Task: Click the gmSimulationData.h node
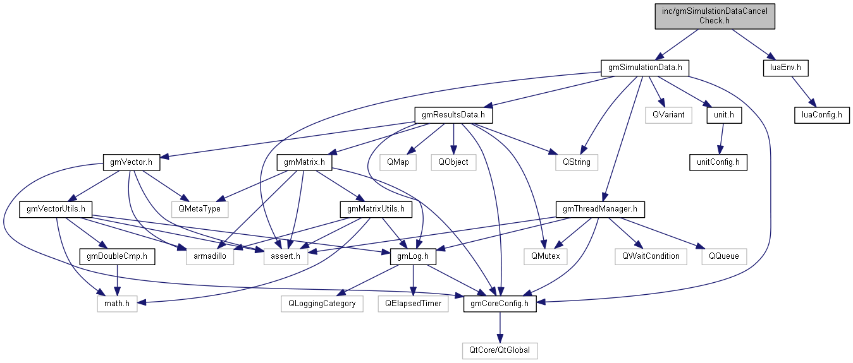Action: tap(644, 68)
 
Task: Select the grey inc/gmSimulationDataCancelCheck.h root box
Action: tap(715, 16)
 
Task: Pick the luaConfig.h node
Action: tap(822, 115)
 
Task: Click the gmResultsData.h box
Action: tap(453, 115)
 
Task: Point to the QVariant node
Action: tap(669, 115)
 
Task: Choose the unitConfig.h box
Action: tap(718, 162)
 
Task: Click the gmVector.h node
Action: tap(131, 162)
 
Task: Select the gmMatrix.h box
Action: tap(305, 162)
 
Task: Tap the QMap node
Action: tap(398, 162)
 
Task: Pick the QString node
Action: tap(573, 162)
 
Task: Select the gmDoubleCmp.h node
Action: tap(118, 256)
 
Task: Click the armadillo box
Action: tap(210, 256)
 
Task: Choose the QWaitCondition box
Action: tap(650, 256)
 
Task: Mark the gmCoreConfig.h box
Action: tap(500, 304)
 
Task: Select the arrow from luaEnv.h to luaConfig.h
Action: tap(803, 91)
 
